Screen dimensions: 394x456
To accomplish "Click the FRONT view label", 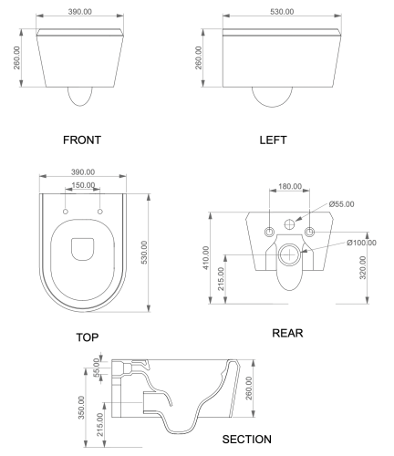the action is pos(82,140).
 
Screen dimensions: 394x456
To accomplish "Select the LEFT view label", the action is pos(273,140).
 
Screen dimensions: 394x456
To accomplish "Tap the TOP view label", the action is pos(88,337).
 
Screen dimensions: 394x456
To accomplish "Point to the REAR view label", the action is pos(287,333).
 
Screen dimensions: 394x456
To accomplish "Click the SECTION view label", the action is pos(246,440).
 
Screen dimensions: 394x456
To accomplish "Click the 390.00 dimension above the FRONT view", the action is pos(79,12).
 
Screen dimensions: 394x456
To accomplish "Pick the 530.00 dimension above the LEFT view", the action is pos(282,12).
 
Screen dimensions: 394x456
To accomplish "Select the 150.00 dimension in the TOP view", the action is pos(83,185).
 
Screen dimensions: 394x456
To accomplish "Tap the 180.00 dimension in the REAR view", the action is pos(290,186).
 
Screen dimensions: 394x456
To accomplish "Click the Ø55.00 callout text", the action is pos(341,204).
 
